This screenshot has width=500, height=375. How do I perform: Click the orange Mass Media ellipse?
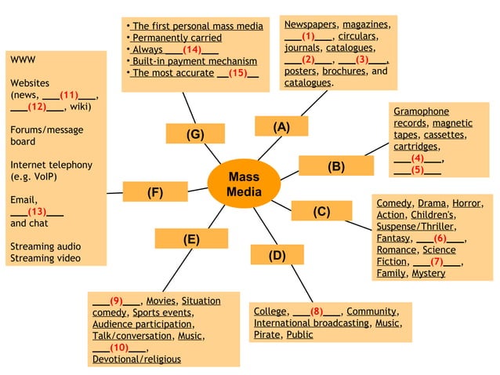pyautogui.click(x=243, y=184)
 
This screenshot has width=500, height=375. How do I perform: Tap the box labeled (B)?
pyautogui.click(x=335, y=166)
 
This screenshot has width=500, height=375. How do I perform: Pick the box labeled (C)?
pyautogui.click(x=321, y=211)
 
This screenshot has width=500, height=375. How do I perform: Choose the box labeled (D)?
pyautogui.click(x=277, y=255)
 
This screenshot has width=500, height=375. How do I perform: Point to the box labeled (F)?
pyautogui.click(x=154, y=192)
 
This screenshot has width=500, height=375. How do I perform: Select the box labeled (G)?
pyautogui.click(x=194, y=134)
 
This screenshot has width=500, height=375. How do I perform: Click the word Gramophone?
pyautogui.click(x=421, y=111)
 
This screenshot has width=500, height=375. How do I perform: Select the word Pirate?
pyautogui.click(x=266, y=334)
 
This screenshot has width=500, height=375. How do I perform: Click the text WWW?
pyautogui.click(x=23, y=60)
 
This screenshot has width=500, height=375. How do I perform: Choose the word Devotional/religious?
pyautogui.click(x=136, y=359)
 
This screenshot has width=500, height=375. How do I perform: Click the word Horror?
pyautogui.click(x=466, y=202)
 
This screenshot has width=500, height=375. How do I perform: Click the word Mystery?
pyautogui.click(x=428, y=273)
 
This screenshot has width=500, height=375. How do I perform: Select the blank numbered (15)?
pyautogui.click(x=238, y=73)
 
